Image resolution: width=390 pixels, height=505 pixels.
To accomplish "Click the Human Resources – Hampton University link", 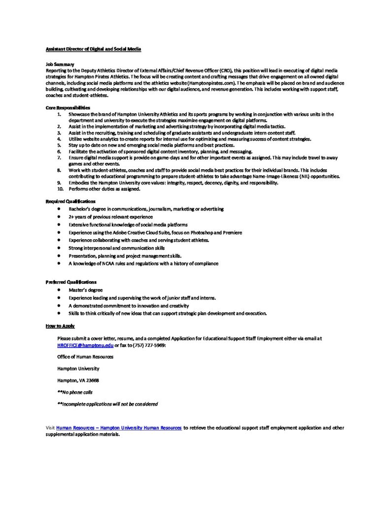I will coord(119,428).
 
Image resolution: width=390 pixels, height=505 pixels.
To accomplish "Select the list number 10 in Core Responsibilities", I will coord(60,188).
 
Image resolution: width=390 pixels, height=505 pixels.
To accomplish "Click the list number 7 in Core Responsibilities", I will coord(59,157).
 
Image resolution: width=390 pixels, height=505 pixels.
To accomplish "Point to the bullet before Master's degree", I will coord(59,290).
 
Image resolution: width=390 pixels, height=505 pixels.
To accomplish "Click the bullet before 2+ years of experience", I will coord(59,217).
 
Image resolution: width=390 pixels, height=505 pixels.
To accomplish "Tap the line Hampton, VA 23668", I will coord(78,380).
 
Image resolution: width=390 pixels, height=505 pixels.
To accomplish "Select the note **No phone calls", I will coord(75,392).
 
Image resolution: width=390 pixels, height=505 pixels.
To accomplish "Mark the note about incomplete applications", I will coord(107,404).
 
